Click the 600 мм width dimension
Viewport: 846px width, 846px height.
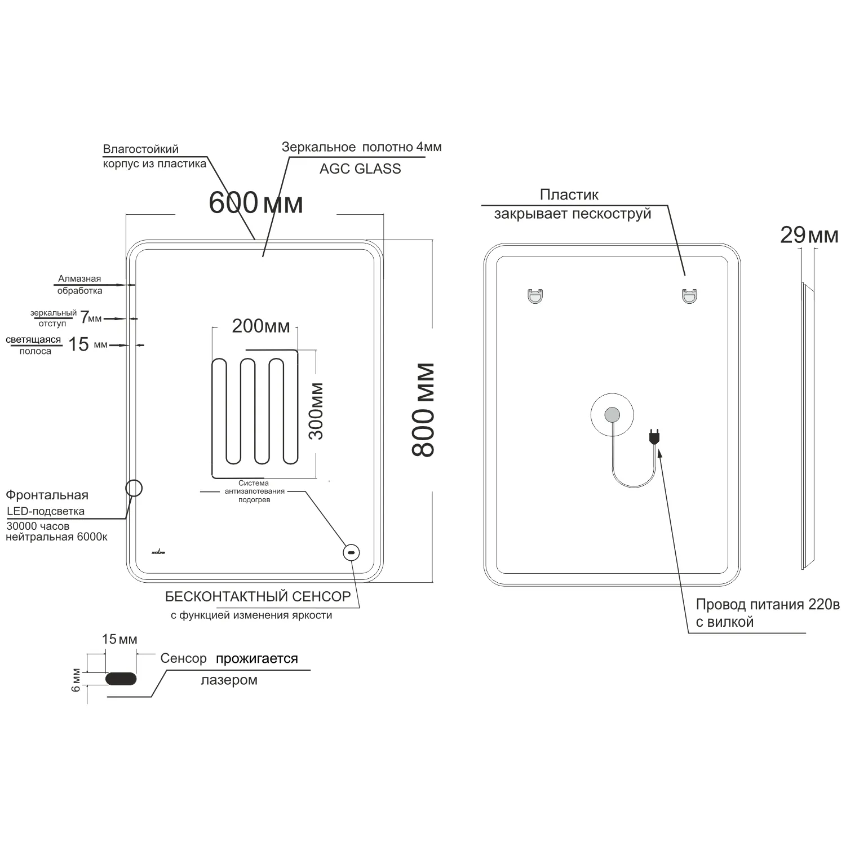click(x=255, y=202)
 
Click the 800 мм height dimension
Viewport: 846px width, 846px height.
click(x=423, y=410)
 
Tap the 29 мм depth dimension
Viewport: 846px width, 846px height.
click(x=809, y=234)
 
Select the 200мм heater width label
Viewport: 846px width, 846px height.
click(x=261, y=326)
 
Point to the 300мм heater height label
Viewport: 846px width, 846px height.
click(x=317, y=411)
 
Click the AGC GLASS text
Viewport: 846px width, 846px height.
click(x=360, y=169)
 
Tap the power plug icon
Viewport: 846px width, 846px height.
click(x=654, y=436)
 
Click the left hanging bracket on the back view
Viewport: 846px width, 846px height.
click(x=535, y=295)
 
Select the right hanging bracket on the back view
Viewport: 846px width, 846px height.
click(x=689, y=295)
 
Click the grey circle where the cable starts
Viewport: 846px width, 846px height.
click(x=612, y=416)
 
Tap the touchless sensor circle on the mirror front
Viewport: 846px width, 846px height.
click(x=352, y=553)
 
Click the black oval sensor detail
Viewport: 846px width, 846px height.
click(x=121, y=679)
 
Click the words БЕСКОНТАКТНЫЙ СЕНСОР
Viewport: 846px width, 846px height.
click(x=258, y=596)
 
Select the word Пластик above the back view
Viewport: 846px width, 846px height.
click(x=569, y=195)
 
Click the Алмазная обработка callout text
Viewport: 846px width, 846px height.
click(x=79, y=285)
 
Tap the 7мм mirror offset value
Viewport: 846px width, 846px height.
click(x=91, y=318)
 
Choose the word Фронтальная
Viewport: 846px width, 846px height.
click(x=47, y=495)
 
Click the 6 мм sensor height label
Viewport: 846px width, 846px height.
click(x=77, y=680)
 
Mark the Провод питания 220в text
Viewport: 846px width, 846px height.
click(x=767, y=605)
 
